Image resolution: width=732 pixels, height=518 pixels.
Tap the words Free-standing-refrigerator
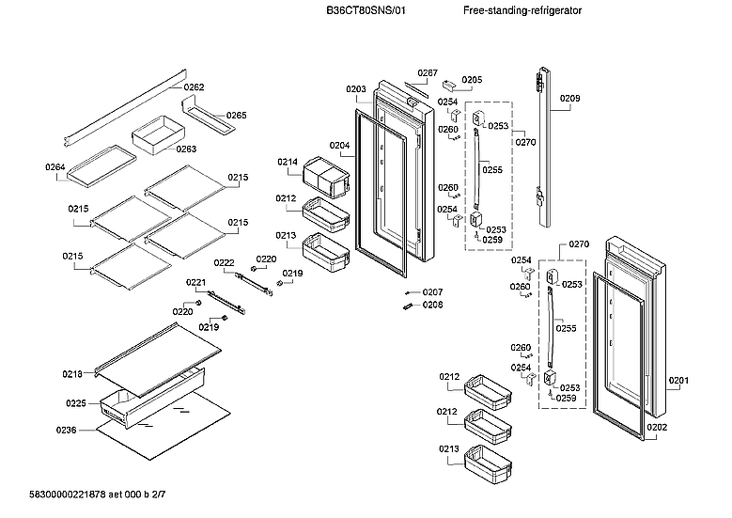[x=522, y=10]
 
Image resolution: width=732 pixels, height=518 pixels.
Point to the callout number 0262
[x=194, y=87]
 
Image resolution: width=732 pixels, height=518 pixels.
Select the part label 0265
[x=236, y=116]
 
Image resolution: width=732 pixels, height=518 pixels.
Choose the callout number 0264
[x=55, y=167]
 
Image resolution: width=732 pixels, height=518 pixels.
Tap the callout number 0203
[x=355, y=89]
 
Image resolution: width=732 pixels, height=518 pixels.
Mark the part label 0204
[x=339, y=145]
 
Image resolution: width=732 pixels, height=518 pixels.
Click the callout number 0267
[x=428, y=73]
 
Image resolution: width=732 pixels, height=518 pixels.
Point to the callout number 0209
[x=570, y=98]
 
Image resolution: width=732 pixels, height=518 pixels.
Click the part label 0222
[x=224, y=262]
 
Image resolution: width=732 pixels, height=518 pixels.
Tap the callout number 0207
[x=432, y=292]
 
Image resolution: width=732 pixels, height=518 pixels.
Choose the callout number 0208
[x=432, y=305]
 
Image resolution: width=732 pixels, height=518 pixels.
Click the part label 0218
[x=72, y=374]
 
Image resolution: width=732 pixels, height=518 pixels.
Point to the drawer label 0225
[x=76, y=404]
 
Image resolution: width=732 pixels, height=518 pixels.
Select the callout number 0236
[x=65, y=430]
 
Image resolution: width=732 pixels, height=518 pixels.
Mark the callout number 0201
[x=678, y=381]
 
